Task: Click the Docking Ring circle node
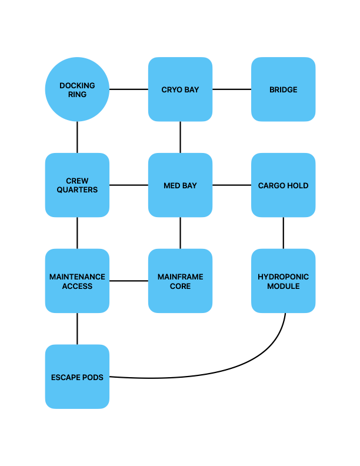[77, 89]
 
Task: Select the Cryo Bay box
[181, 89]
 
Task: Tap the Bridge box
[284, 89]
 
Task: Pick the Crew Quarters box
[77, 185]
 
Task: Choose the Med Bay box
[181, 185]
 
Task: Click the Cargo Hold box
[284, 185]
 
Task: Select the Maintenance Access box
[77, 281]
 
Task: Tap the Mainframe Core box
[181, 281]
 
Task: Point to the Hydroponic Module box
[284, 281]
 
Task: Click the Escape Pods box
[77, 377]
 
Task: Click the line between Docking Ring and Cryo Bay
[129, 89]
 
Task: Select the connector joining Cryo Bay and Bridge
[232, 89]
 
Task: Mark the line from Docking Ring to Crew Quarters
[77, 137]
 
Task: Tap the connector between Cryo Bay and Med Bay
[181, 137]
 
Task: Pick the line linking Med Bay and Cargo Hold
[232, 185]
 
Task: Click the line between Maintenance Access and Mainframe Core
[129, 281]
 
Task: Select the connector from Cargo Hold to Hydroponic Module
[284, 233]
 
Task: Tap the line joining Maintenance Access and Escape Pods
[77, 329]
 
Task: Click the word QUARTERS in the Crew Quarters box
[77, 190]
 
